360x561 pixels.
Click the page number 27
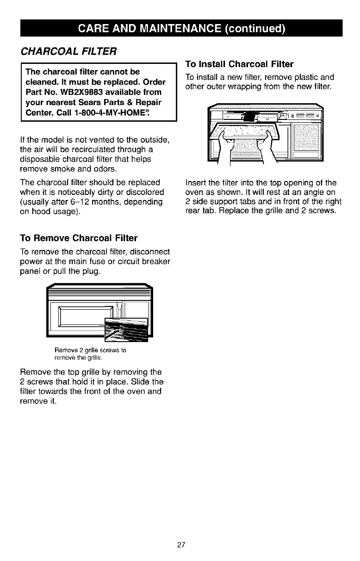coord(180,544)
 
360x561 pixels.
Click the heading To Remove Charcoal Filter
coord(72,238)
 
